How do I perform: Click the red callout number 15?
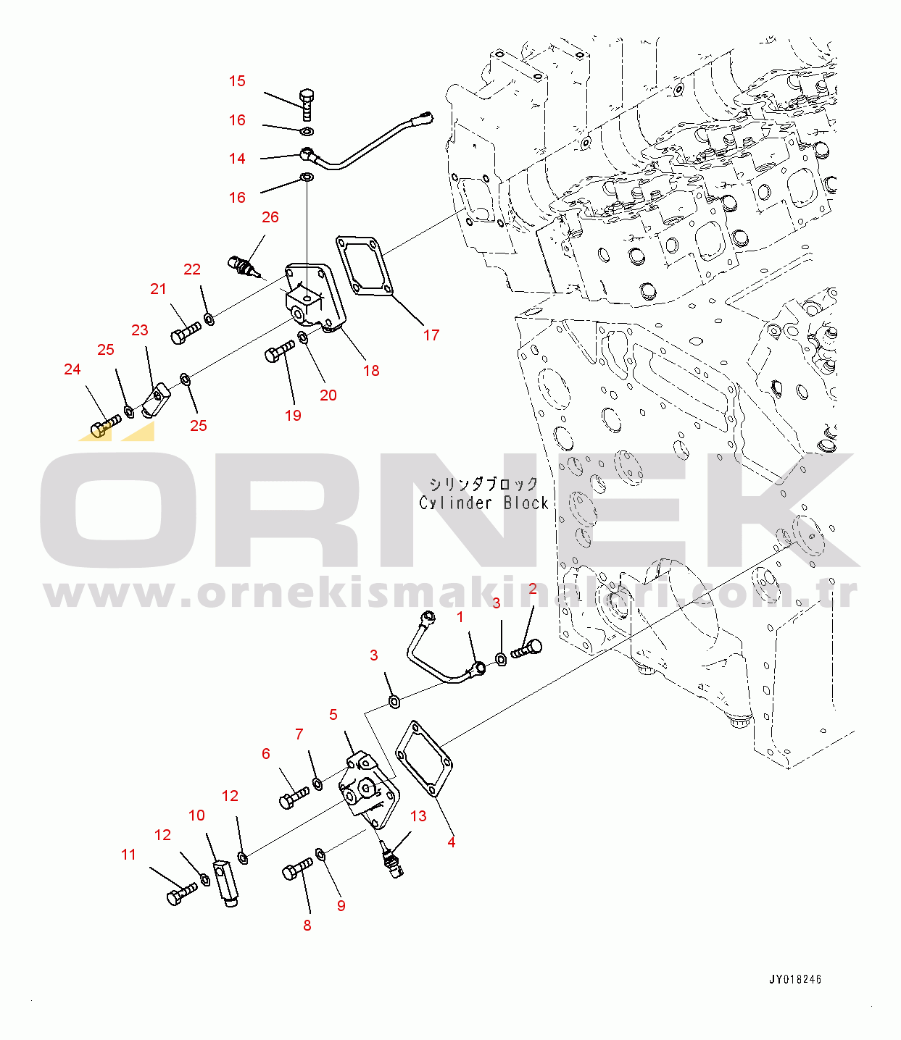pyautogui.click(x=237, y=81)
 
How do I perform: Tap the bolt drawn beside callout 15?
pyautogui.click(x=306, y=105)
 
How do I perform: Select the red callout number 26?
pyautogui.click(x=270, y=217)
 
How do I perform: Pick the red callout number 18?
pyautogui.click(x=371, y=371)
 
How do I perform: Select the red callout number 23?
pyautogui.click(x=139, y=330)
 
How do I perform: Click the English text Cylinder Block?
pyautogui.click(x=483, y=503)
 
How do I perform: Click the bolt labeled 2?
pyautogui.click(x=526, y=649)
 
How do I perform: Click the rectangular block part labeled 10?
pyautogui.click(x=226, y=884)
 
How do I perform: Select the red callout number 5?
pyautogui.click(x=333, y=715)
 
